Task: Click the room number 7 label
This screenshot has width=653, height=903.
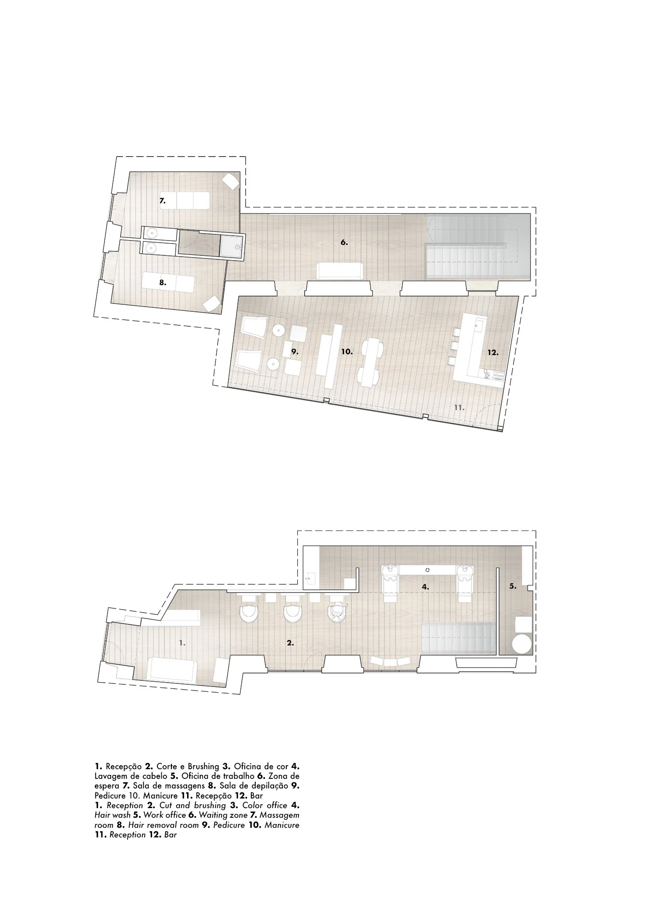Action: coord(162,201)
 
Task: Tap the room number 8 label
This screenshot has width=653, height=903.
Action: coord(163,283)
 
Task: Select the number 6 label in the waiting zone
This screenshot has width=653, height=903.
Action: coord(344,243)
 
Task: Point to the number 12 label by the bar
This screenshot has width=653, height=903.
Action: coord(493,352)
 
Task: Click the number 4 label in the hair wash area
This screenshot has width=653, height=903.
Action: coord(425,587)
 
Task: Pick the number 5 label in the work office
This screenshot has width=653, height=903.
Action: coord(513,586)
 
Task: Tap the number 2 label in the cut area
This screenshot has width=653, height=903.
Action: coord(290,643)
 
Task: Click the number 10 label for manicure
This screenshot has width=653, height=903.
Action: coord(347,352)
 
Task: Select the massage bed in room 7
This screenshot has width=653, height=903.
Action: coord(184,201)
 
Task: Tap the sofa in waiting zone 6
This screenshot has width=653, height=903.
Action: coord(340,271)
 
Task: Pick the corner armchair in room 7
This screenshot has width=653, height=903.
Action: coord(230,181)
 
